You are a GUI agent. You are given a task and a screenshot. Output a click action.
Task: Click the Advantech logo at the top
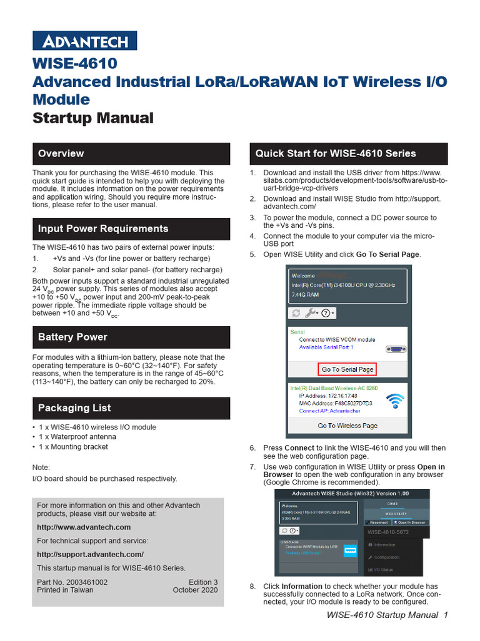point(84,41)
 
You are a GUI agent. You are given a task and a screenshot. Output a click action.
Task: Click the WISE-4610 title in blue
point(74,64)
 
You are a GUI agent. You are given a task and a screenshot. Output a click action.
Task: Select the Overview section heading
point(61,153)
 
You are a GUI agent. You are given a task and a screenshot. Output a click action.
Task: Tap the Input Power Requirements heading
point(103,228)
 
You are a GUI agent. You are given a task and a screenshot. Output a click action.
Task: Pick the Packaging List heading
point(74,408)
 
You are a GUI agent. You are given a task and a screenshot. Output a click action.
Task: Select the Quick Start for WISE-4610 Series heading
point(336,153)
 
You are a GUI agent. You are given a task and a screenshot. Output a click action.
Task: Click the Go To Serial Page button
point(347,369)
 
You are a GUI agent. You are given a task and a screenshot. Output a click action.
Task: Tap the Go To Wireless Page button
point(347,426)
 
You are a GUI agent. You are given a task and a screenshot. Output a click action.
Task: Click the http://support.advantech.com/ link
point(90,555)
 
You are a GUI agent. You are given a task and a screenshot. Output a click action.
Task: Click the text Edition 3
point(202,582)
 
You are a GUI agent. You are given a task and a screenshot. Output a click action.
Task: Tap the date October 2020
point(195,590)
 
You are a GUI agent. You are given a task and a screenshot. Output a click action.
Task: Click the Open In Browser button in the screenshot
point(411,522)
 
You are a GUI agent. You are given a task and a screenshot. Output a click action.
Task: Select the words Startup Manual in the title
point(92,118)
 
